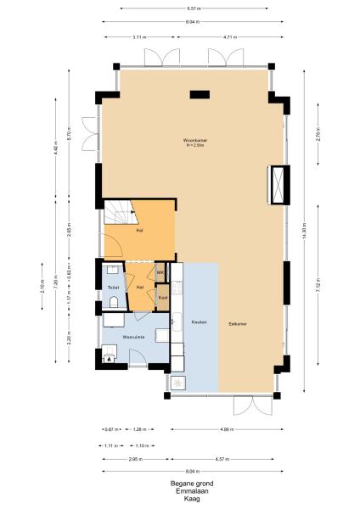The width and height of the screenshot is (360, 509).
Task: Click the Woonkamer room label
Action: [x=195, y=140]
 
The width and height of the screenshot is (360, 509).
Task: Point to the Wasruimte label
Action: [x=133, y=338]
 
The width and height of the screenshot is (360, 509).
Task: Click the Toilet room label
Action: [x=113, y=288]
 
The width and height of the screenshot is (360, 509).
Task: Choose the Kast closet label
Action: [x=162, y=298]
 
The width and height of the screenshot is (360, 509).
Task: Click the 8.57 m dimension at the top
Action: [x=194, y=8]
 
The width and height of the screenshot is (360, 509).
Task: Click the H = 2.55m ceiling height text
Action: [x=195, y=146]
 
